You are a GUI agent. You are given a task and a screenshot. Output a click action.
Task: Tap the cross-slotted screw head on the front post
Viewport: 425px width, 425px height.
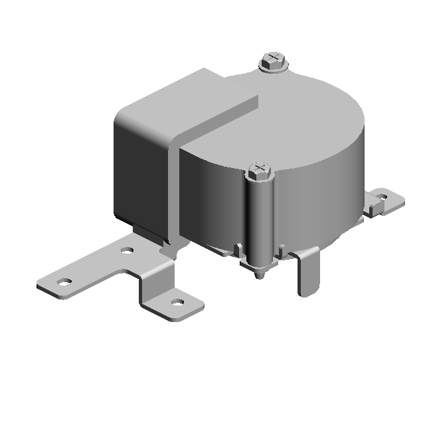click(x=260, y=169)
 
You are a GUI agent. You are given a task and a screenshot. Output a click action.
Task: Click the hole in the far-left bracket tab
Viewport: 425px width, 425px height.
click(x=64, y=282)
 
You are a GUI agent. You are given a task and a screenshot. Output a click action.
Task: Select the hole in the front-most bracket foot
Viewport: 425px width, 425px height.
click(x=177, y=302)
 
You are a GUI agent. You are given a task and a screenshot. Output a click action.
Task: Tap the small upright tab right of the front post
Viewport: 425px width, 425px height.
click(x=282, y=252)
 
